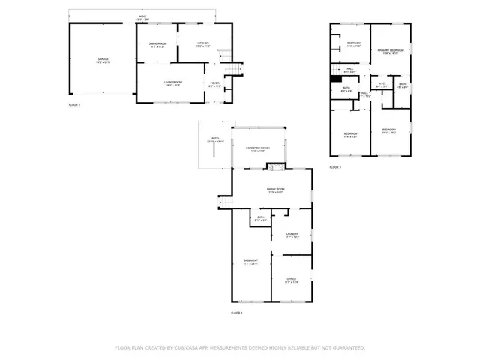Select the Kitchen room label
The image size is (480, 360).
click(203, 43)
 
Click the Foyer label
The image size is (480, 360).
click(214, 84)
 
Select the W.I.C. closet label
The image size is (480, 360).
click(381, 84)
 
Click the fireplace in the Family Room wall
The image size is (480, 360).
click(276, 167)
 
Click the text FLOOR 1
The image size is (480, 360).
click(237, 312)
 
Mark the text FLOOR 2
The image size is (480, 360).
click(74, 105)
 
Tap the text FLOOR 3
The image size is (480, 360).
click(335, 166)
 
